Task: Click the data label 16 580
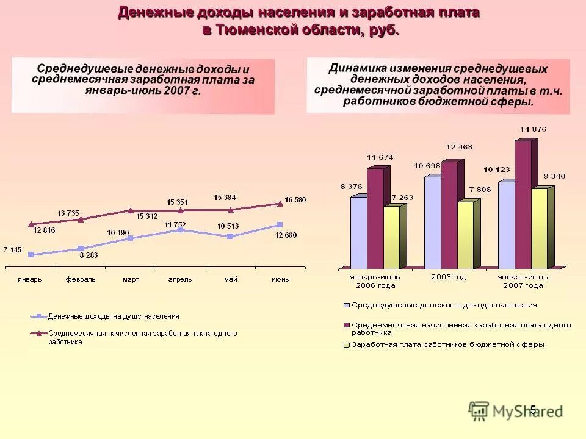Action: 295,200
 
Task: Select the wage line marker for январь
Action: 31,224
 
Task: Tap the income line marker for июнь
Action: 280,225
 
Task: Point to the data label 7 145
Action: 13,249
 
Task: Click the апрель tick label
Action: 180,279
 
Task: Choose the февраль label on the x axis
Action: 81,279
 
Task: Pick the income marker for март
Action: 130,238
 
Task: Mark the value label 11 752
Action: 175,224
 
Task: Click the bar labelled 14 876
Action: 523,204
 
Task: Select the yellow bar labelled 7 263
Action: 391,237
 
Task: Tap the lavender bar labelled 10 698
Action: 432,222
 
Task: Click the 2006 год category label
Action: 449,277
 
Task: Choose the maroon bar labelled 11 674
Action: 375,218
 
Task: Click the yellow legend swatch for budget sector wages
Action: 347,344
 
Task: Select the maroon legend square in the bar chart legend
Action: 347,325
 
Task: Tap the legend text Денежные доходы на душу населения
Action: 114,316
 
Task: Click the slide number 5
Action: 532,410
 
